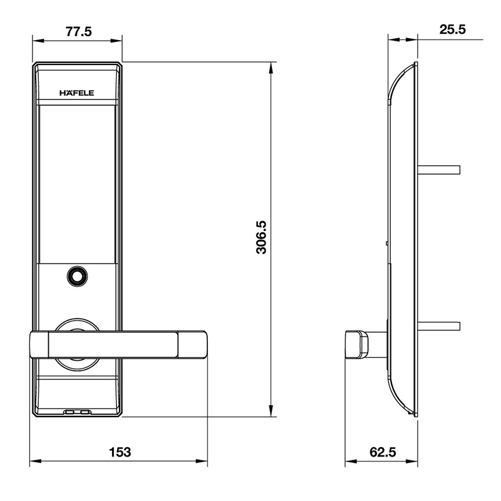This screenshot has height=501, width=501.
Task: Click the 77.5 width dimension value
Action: (78, 31)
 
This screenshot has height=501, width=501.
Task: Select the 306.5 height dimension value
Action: (261, 237)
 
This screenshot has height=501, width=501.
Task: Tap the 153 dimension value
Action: (119, 452)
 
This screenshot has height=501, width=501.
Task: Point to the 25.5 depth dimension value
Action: (452, 29)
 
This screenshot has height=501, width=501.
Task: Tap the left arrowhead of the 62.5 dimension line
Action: (350, 463)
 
